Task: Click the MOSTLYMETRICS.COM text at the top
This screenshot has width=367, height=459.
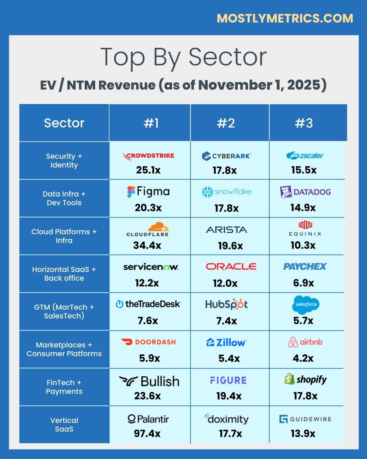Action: pos(285,18)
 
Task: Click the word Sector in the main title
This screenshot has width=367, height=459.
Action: pos(228,57)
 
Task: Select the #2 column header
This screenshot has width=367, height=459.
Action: pos(226,123)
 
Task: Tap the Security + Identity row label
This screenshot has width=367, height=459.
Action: pos(64,160)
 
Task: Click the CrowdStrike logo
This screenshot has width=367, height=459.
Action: pos(148,156)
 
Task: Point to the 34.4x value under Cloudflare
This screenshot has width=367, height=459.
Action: pos(147,245)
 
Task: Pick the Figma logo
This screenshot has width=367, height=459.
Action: pos(148,192)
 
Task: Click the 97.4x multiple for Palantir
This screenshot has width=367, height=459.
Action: pos(147,434)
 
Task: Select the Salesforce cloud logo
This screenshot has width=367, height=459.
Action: pos(305,304)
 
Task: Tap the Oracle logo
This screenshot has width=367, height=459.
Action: pos(231,267)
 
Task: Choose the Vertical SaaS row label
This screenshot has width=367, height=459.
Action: pos(64,425)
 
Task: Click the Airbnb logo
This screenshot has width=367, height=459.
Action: pos(305,342)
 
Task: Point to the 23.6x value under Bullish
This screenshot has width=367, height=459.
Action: pos(147,396)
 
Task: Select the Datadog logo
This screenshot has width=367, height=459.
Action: pos(305,192)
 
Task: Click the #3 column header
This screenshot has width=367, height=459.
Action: pos(304,123)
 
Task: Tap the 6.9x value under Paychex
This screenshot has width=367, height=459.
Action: pos(303,283)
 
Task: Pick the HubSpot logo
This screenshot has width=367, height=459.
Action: pos(226,304)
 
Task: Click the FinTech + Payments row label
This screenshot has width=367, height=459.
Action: pos(64,387)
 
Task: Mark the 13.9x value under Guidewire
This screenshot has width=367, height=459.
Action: pos(303,434)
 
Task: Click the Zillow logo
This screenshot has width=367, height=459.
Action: pos(226,342)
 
